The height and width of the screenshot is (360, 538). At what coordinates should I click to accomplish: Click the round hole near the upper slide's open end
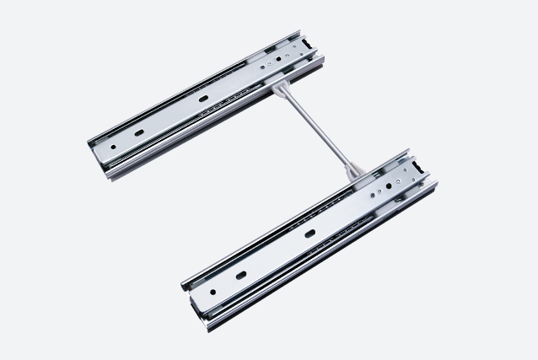point(114,146)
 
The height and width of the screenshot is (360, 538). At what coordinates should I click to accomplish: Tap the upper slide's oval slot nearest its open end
point(137,133)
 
